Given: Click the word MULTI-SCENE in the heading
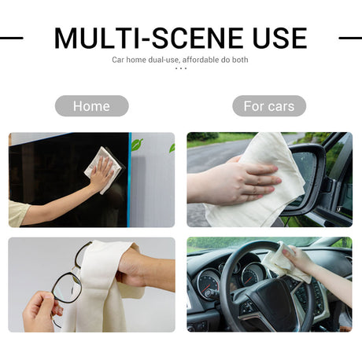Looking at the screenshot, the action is [149, 38].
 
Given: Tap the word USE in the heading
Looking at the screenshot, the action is [280, 38].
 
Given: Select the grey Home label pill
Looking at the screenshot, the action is [91, 106].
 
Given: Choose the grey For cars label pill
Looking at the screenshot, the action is [269, 106].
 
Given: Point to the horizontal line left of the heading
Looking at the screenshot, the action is [12, 38].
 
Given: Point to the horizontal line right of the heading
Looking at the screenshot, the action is [350, 38].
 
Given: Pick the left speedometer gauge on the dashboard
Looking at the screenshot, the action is [209, 284].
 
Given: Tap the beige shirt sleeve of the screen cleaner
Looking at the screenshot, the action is [18, 213].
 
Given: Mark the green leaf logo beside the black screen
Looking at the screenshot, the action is [137, 145].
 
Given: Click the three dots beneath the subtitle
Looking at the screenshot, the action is [181, 68].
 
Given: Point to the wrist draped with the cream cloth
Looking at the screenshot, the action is [136, 269].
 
